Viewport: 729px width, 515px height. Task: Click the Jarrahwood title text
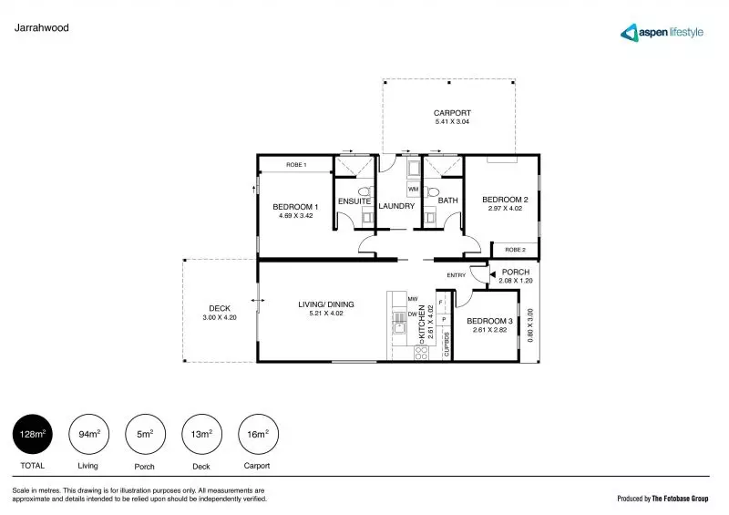coord(42,28)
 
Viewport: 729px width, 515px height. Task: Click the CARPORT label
coord(451,113)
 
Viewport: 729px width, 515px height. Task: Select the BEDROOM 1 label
coord(294,207)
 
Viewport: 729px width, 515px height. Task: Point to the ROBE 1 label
coord(296,165)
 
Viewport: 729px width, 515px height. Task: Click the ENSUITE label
coord(354,201)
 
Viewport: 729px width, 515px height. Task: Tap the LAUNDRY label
coord(396,206)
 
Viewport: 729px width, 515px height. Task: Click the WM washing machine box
coord(413,189)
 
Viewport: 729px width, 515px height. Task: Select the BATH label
coord(447,201)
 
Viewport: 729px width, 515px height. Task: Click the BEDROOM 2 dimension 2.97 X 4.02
coord(505,209)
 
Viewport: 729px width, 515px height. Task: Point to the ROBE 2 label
coord(516,249)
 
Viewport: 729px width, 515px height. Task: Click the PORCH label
coord(516,272)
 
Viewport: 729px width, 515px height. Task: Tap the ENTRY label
coord(456,275)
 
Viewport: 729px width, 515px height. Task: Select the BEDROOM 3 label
coord(490,321)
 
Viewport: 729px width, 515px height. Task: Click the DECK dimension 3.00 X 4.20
coord(220,317)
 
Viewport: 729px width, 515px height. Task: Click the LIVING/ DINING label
coord(326,304)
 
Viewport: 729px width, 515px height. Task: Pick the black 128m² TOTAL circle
coord(32,435)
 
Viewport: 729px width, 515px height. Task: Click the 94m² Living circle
coord(88,435)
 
